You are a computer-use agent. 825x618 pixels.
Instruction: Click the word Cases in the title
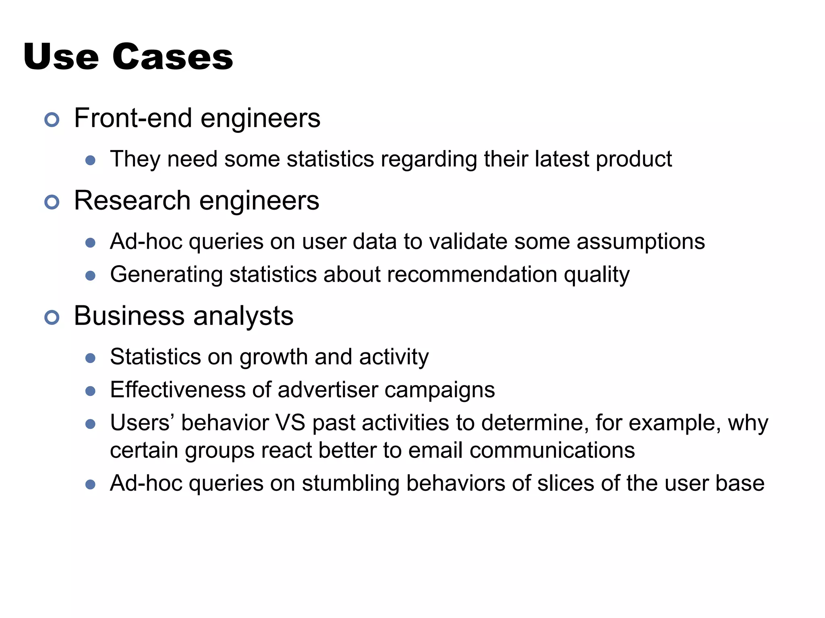(x=172, y=57)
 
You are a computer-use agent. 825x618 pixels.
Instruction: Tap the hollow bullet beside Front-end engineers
(x=52, y=119)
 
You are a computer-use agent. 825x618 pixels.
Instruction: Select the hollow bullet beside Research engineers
(x=52, y=202)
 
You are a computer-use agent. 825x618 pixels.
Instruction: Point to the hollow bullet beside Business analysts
(x=52, y=317)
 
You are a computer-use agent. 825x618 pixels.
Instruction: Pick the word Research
(x=133, y=200)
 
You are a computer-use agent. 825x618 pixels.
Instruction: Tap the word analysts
(x=243, y=316)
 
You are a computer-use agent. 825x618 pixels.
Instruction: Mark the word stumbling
(x=350, y=483)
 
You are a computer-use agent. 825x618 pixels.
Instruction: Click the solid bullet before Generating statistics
(x=91, y=276)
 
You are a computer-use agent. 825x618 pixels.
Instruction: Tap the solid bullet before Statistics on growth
(x=91, y=358)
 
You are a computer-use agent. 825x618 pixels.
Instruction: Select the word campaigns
(x=439, y=391)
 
